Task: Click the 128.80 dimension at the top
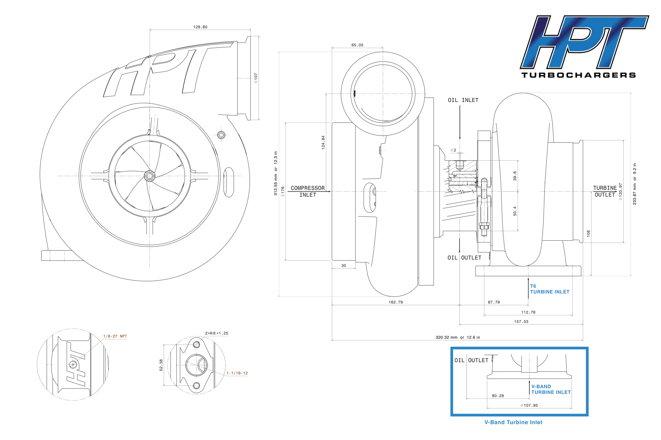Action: pos(200,27)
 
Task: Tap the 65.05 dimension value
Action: pos(357,45)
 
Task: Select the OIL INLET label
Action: pos(463,100)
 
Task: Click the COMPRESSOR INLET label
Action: pos(308,191)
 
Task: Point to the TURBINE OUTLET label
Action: pos(605,191)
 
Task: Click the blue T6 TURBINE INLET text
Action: pos(550,289)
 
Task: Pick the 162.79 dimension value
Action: pos(396,302)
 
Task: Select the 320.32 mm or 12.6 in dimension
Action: pos(458,337)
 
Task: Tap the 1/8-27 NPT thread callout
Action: pos(115,336)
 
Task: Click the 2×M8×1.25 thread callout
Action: pos(217,333)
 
